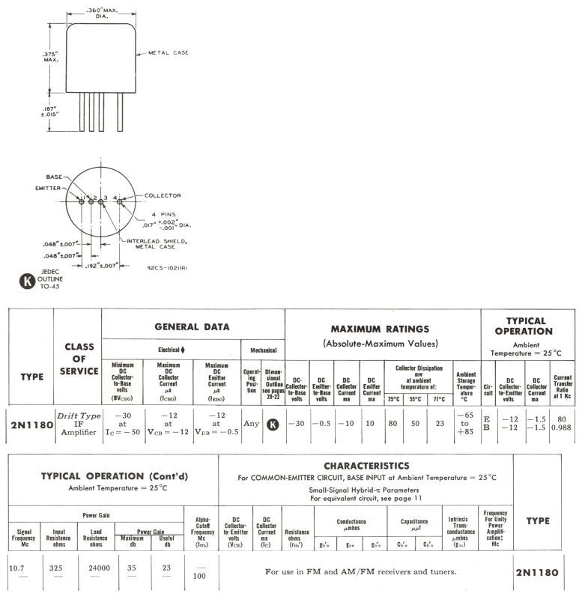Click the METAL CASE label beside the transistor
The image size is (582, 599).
pyautogui.click(x=167, y=52)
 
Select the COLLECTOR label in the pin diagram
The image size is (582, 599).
pyautogui.click(x=163, y=195)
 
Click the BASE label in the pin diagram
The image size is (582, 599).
pyautogui.click(x=55, y=176)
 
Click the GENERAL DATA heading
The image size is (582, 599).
pyautogui.click(x=191, y=326)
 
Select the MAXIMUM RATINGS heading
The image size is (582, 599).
pyautogui.click(x=380, y=329)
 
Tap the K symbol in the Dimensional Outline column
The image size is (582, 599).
pyautogui.click(x=273, y=424)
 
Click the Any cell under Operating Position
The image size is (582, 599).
pyautogui.click(x=252, y=424)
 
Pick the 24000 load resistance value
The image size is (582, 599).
pyautogui.click(x=99, y=568)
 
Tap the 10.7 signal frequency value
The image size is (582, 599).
pyautogui.click(x=17, y=568)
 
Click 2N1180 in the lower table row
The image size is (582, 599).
pyautogui.click(x=537, y=572)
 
